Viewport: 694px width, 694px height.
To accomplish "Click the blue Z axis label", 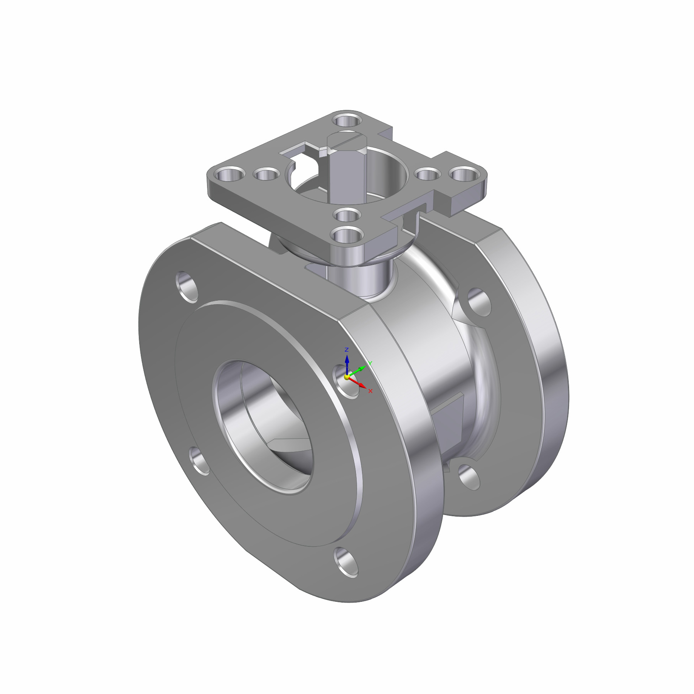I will (347, 350).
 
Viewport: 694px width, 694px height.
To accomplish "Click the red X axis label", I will (371, 391).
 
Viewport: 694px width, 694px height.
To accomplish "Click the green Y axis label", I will (370, 363).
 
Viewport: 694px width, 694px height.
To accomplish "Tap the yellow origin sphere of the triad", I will (347, 377).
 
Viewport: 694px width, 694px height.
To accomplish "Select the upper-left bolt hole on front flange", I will (187, 286).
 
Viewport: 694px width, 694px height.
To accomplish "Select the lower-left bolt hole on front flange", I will (200, 461).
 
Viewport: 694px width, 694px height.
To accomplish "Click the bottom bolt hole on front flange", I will (346, 563).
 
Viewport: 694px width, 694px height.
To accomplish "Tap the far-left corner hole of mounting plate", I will (231, 175).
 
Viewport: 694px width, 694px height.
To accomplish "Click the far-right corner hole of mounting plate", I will (464, 175).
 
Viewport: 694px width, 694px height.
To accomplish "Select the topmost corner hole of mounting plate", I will (347, 120).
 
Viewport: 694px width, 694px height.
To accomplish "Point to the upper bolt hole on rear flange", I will (479, 302).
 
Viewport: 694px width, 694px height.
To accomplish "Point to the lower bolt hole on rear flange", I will (469, 477).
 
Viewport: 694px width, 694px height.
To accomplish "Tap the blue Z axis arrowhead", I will (347, 359).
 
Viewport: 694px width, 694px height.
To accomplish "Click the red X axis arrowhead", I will (362, 385).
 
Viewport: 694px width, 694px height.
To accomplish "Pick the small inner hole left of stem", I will (266, 175).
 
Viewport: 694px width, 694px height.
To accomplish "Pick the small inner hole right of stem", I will (428, 175).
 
